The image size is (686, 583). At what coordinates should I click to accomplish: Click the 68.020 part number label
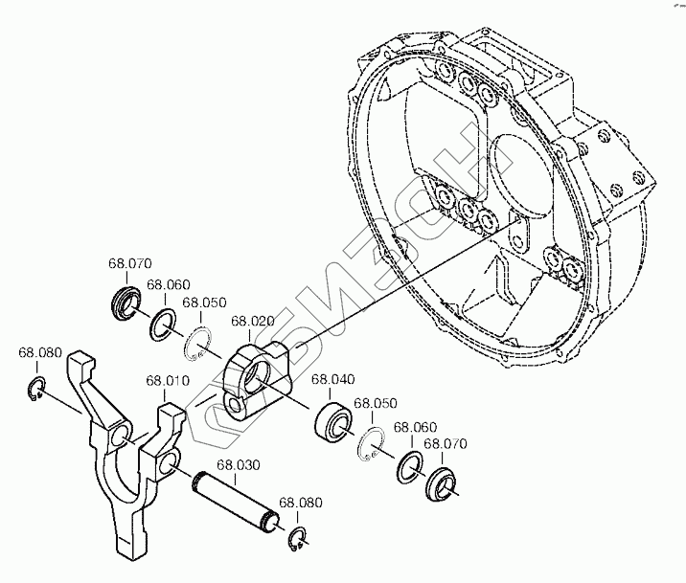pyautogui.click(x=252, y=322)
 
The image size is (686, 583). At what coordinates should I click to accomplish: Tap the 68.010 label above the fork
pyautogui.click(x=167, y=381)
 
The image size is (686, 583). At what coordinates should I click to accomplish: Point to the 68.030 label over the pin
pyautogui.click(x=239, y=466)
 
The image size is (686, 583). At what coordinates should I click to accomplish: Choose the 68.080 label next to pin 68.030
pyautogui.click(x=301, y=503)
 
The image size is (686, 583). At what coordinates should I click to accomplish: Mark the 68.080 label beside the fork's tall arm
pyautogui.click(x=37, y=353)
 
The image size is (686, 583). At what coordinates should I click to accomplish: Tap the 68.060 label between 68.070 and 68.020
pyautogui.click(x=169, y=284)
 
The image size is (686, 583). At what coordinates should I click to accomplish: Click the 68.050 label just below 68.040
pyautogui.click(x=375, y=404)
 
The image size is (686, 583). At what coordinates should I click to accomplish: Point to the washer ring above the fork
pyautogui.click(x=162, y=324)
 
